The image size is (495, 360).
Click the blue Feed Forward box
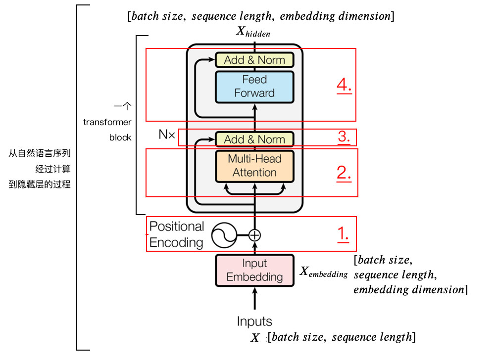point(254,87)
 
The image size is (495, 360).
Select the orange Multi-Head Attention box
point(254,166)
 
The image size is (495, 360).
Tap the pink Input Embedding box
point(254,270)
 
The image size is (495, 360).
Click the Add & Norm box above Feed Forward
point(254,60)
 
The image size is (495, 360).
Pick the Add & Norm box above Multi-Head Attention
point(254,139)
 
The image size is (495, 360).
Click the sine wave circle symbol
point(223,235)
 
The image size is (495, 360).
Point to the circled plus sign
point(254,235)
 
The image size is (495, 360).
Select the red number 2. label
point(344,173)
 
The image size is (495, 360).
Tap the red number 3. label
point(345,136)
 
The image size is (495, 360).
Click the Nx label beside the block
point(167,135)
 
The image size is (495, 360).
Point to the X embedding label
point(324,272)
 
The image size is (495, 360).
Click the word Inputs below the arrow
point(254,321)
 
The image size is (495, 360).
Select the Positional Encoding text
point(177,234)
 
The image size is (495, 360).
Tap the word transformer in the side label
point(107,122)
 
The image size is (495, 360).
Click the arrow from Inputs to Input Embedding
point(254,299)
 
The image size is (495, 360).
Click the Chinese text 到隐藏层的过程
point(40,184)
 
